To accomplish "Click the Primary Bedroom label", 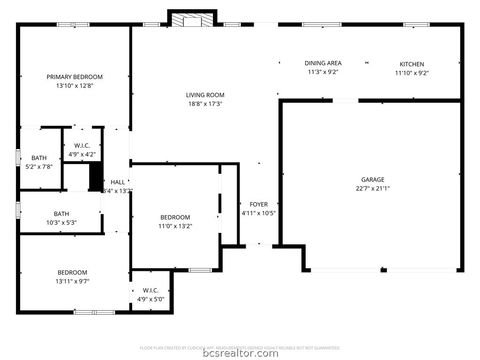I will [74, 76].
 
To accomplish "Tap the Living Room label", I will [203, 95].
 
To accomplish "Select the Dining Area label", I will [323, 63].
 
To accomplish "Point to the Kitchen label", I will [411, 63].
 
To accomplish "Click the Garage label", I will [372, 179].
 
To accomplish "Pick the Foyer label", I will [258, 204].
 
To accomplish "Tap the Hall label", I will [117, 182].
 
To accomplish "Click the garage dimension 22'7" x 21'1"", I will [372, 188].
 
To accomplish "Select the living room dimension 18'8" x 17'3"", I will [203, 104].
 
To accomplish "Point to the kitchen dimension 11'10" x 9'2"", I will [411, 72].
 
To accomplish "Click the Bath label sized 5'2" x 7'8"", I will [39, 158].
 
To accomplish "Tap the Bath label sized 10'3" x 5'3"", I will [62, 212].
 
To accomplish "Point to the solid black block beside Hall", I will [96, 177].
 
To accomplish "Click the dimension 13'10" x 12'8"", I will [74, 85].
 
